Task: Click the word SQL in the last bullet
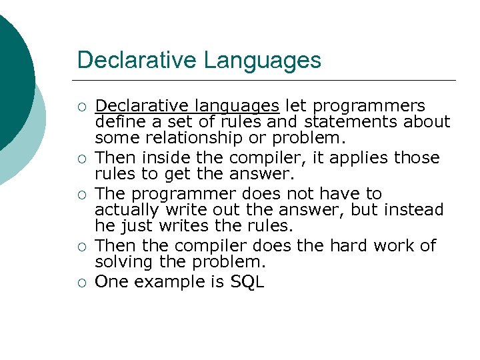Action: pyautogui.click(x=247, y=282)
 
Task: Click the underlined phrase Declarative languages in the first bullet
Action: pyautogui.click(x=187, y=106)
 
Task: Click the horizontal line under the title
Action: pyautogui.click(x=267, y=81)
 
